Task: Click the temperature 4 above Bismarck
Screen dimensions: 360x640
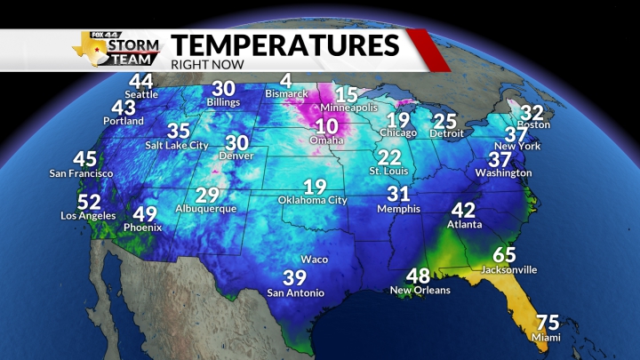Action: (285, 80)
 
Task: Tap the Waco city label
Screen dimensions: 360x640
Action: (315, 260)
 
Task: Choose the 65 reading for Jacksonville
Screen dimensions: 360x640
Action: (505, 255)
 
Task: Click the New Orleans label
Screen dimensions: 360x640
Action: (420, 290)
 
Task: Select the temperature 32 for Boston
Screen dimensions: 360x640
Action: (532, 112)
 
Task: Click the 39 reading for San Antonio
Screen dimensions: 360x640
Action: (294, 277)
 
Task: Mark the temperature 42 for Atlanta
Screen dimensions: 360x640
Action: (464, 211)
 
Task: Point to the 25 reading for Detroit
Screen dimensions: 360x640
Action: (445, 121)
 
